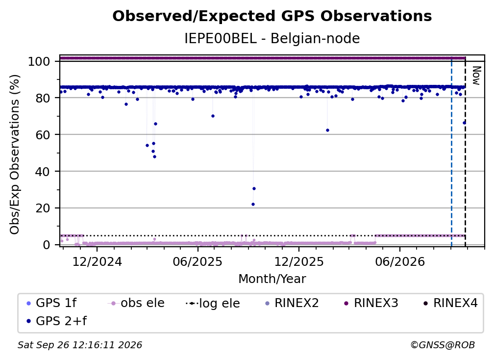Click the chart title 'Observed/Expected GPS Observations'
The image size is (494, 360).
[272, 16]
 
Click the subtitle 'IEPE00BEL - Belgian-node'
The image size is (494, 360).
[272, 39]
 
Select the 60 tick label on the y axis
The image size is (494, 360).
[43, 134]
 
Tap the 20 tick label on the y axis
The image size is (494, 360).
[43, 208]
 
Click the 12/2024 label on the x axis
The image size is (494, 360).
[97, 261]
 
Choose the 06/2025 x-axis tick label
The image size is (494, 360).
[198, 261]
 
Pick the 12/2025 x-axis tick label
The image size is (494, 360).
[299, 261]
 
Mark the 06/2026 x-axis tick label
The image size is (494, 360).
[400, 261]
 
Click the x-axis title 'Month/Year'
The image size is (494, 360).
[272, 279]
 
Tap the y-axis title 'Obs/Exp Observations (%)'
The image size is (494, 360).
[15, 154]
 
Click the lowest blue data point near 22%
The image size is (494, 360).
[253, 204]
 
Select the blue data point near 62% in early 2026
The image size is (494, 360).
[328, 130]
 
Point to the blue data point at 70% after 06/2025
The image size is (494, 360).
[213, 116]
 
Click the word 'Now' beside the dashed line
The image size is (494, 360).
[476, 76]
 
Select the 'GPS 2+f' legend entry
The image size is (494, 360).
[57, 321]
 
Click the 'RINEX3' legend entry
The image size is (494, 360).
[371, 303]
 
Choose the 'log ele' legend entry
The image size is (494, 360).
[213, 303]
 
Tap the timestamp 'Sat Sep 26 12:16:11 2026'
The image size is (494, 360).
[80, 345]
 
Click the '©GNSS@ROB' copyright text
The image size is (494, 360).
[443, 345]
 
